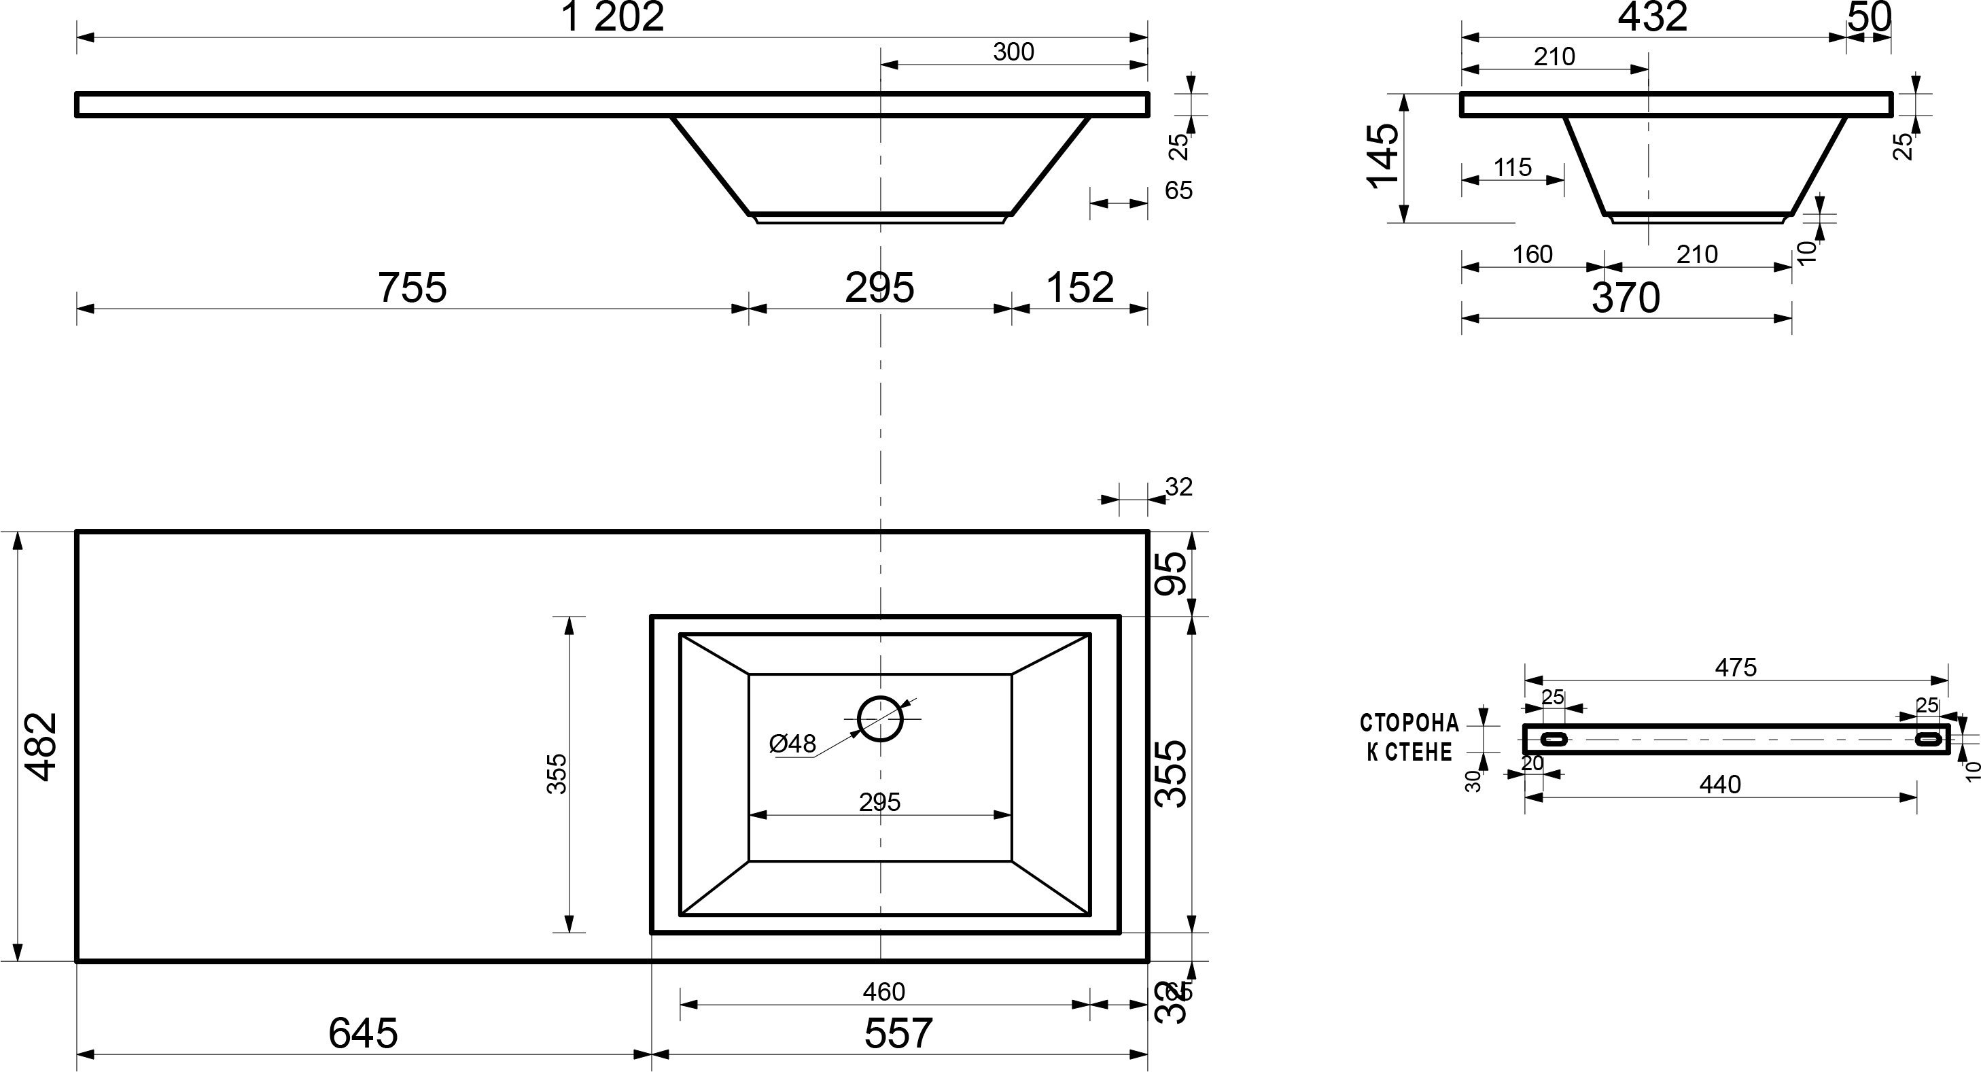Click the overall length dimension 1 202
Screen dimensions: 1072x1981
tap(613, 17)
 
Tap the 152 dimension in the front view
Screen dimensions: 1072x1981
tap(1079, 288)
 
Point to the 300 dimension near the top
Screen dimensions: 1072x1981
tap(1013, 52)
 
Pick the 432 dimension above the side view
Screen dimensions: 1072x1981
tap(1652, 17)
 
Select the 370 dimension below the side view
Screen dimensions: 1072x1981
tap(1626, 298)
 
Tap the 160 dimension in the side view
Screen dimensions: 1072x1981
tap(1532, 254)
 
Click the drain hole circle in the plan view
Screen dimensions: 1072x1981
tap(880, 719)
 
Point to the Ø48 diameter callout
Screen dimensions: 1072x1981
tap(792, 744)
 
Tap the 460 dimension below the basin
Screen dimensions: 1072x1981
tap(883, 992)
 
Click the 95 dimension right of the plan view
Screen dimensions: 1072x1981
tap(1173, 574)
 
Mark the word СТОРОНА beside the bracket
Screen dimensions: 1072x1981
tap(1409, 723)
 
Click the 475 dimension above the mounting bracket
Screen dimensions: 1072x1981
tap(1736, 668)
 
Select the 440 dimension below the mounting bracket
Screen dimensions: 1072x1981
tap(1719, 784)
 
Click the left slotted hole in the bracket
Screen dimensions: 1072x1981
tap(1554, 739)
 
